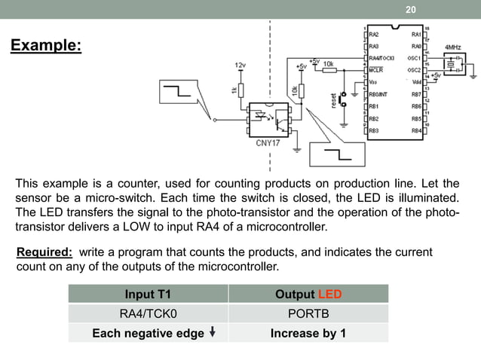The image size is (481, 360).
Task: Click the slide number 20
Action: tap(411, 10)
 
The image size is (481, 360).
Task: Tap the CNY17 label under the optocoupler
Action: tap(269, 142)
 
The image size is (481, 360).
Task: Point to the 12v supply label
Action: tap(240, 66)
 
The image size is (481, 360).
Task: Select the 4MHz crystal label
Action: tap(454, 47)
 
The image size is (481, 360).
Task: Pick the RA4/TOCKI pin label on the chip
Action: tap(383, 57)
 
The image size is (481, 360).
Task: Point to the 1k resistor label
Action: tap(234, 90)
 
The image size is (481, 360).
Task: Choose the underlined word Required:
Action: tap(44, 252)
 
